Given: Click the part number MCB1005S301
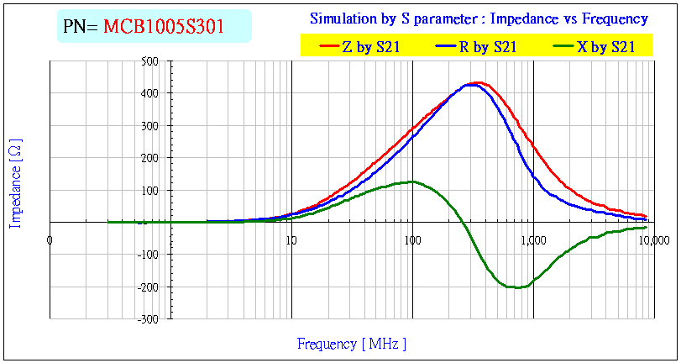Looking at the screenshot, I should [x=164, y=27].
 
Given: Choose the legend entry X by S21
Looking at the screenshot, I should [x=605, y=48].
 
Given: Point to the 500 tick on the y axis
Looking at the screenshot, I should [x=150, y=61].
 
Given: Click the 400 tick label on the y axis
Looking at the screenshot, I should [x=150, y=93].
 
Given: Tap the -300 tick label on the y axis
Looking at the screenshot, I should [x=149, y=320].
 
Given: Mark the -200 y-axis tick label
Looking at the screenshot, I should [x=149, y=287].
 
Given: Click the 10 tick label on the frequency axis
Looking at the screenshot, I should [x=291, y=240].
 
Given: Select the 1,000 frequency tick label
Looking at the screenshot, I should [x=533, y=240].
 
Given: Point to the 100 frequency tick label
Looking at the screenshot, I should [x=412, y=240].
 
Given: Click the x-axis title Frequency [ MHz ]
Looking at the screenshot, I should [x=351, y=344].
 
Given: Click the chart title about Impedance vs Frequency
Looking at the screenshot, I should [x=479, y=18].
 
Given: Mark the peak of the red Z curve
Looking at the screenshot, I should [x=478, y=82].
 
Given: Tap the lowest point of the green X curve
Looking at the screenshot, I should [x=516, y=287].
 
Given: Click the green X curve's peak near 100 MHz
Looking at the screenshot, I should [x=411, y=181].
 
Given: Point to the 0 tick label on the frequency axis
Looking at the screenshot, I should [x=50, y=240].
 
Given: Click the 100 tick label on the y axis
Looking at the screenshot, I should [x=150, y=191].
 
